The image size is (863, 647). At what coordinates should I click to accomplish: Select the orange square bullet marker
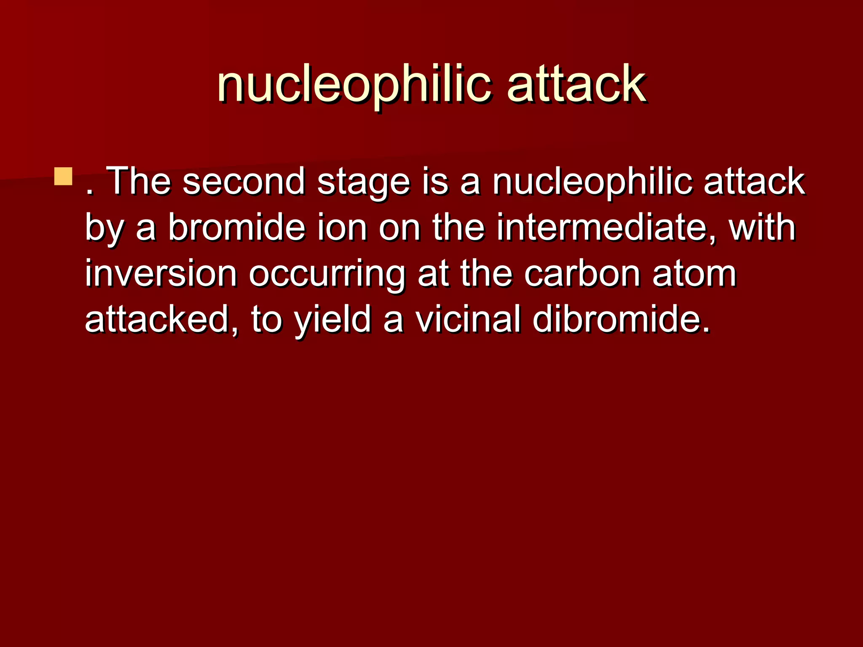click(x=63, y=176)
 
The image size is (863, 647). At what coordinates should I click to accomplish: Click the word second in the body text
click(x=244, y=182)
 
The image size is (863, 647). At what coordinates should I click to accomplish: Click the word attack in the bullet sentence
click(x=754, y=182)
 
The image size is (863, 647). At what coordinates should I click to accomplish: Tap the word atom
click(x=694, y=275)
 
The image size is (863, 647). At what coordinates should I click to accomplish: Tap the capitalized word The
click(x=139, y=182)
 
